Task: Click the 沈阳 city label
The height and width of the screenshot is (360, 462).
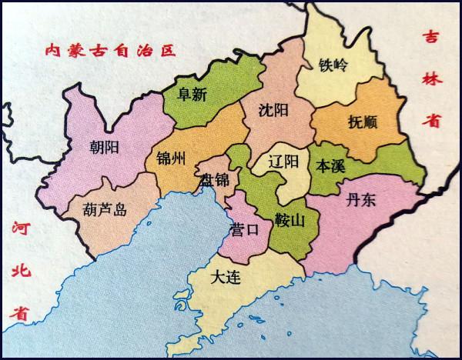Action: click(x=275, y=109)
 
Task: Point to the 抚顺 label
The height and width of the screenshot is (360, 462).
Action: click(x=362, y=122)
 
